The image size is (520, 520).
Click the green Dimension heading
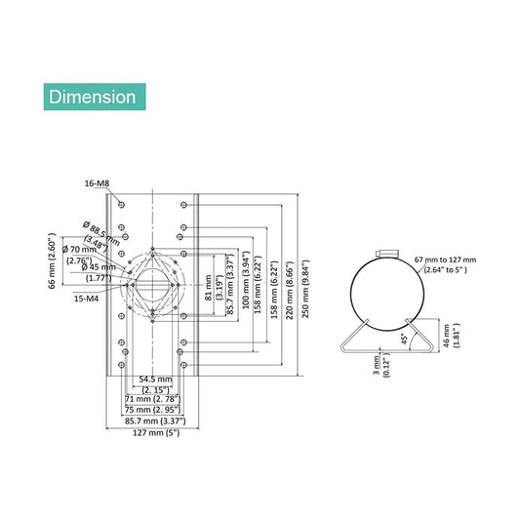[x=94, y=97]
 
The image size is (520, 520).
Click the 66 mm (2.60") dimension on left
[x=53, y=260]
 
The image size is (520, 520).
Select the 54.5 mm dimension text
[x=156, y=379]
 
